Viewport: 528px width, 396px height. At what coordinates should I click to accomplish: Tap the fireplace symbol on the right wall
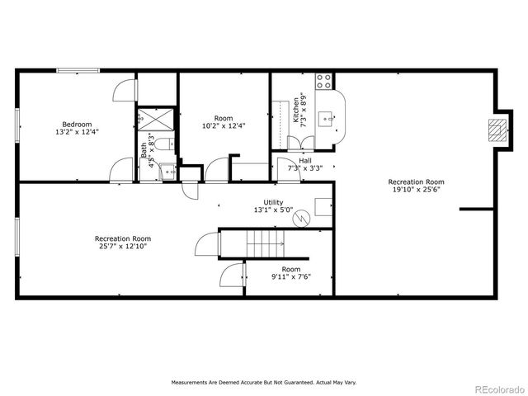[497, 130]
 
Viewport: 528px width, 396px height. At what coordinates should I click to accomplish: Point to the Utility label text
[273, 202]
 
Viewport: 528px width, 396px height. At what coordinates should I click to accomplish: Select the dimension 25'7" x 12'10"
[122, 246]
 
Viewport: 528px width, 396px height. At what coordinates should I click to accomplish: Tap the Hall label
[304, 160]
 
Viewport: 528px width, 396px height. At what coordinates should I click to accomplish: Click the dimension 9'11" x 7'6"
[290, 277]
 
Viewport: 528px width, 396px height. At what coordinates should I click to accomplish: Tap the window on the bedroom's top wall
[78, 71]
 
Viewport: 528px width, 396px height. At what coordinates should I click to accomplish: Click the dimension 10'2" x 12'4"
[224, 125]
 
